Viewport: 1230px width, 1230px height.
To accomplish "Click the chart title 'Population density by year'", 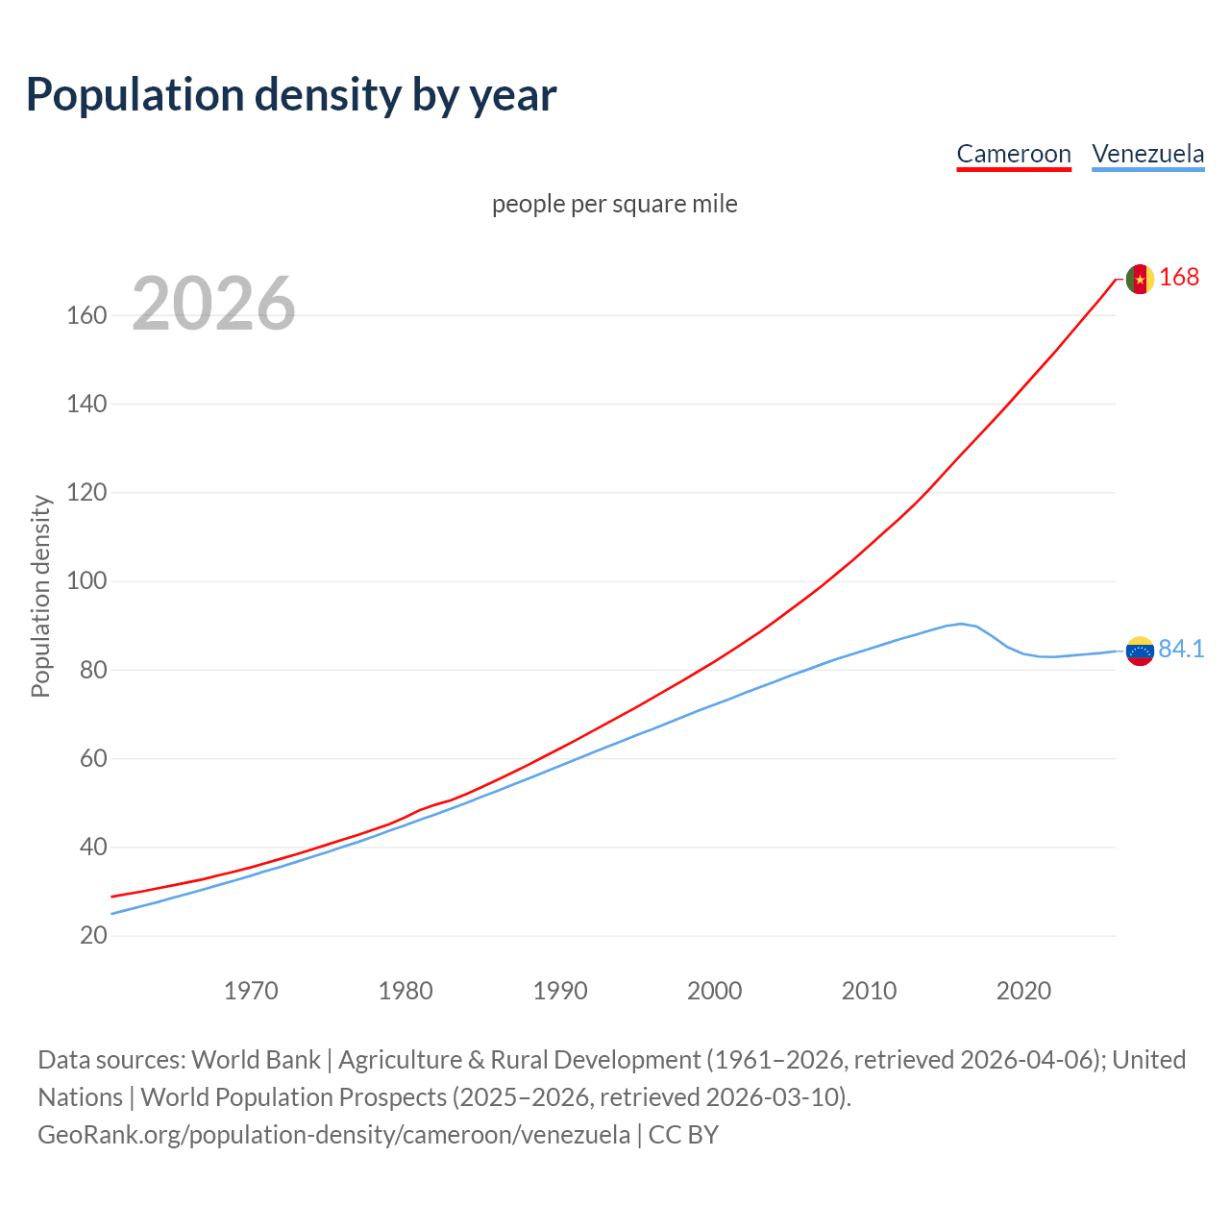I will coord(291,95).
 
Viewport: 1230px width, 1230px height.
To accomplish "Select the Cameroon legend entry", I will coord(1013,154).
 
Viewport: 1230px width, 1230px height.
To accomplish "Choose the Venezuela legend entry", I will coord(1147,154).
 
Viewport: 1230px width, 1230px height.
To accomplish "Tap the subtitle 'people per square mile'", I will coord(614,204).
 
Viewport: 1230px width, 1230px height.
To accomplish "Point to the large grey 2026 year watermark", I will coord(213,304).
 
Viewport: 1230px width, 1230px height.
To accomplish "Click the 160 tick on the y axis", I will coord(86,315).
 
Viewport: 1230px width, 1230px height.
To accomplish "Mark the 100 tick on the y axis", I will coord(86,581).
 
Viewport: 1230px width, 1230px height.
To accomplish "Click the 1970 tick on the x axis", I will coord(251,991).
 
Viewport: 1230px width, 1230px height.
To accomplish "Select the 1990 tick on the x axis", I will coord(560,991).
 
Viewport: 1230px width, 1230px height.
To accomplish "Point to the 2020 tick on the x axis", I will coord(1023,991).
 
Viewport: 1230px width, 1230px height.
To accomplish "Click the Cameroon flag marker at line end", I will coord(1140,279).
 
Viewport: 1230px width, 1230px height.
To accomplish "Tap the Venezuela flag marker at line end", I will coord(1140,652).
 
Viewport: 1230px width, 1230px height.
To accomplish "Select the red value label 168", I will coord(1179,278).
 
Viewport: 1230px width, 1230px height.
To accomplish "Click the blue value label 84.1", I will coord(1181,650).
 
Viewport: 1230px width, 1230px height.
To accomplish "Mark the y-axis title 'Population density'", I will coord(40,596).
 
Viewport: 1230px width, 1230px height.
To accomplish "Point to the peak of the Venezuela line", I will coord(961,624).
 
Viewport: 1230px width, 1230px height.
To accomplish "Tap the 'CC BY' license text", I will coord(683,1135).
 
